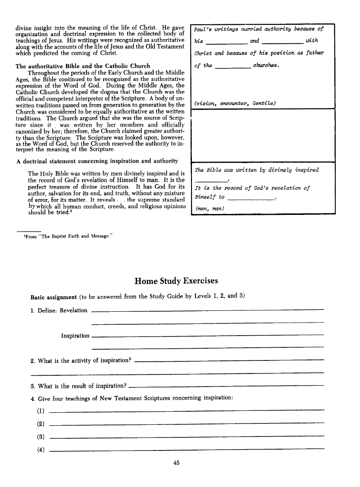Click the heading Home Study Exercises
click(176, 281)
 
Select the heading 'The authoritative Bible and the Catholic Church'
click(83, 66)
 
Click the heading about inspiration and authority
click(96, 161)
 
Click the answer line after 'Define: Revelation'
click(207, 310)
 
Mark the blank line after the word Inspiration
click(207, 335)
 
